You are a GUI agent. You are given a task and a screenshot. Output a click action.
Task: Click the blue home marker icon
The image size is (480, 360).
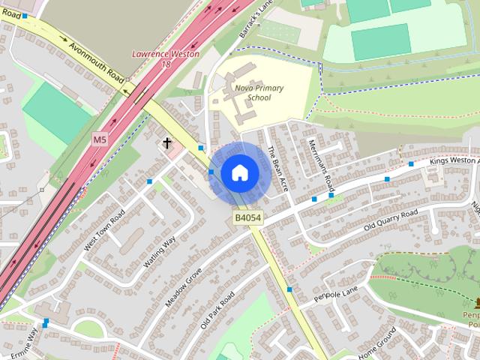click(239, 173)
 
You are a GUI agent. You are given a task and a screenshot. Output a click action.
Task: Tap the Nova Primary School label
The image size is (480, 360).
click(258, 93)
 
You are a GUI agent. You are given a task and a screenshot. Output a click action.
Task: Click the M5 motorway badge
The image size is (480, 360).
click(100, 139)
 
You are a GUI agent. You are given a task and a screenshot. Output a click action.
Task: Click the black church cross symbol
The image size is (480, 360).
click(167, 142)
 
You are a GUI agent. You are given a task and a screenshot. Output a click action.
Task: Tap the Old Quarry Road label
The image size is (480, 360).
click(390, 220)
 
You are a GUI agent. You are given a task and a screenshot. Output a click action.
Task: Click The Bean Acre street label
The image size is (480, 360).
click(278, 166)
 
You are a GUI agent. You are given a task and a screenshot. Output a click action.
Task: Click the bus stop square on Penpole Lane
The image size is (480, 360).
click(289, 289)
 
